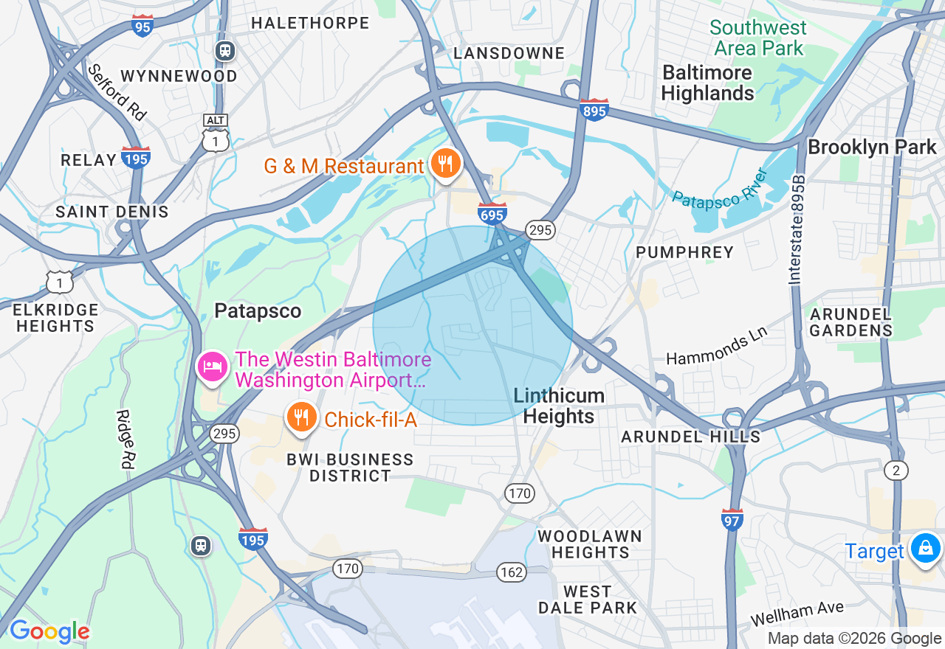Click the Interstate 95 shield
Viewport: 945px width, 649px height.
143,26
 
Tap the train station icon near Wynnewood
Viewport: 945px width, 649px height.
224,51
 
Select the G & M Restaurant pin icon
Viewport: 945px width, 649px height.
445,164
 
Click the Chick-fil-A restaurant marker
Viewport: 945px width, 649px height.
301,417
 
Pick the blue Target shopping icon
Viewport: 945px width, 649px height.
924,549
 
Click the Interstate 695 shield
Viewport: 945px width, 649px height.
492,213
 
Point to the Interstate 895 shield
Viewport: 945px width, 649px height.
594,110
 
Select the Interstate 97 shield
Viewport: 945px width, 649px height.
732,519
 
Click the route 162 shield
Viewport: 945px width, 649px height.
511,572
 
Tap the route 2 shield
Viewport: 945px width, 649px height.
896,471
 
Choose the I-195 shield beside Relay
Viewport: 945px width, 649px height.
137,158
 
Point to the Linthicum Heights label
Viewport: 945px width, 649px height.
559,406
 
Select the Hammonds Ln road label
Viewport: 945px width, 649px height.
716,345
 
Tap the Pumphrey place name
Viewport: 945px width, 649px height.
684,252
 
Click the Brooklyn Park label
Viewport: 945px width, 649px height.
871,147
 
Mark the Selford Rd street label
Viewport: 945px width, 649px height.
117,91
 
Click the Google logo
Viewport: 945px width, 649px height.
49,632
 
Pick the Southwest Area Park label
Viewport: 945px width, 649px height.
757,38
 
